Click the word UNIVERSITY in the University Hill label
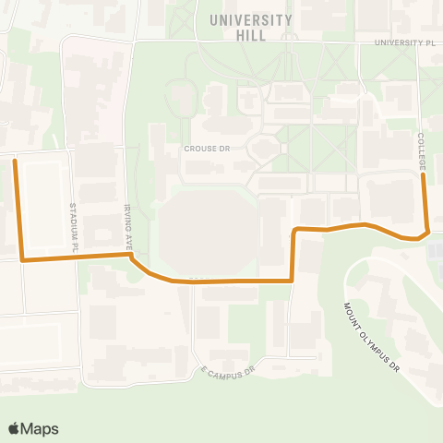(x=250, y=20)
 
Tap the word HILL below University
(x=250, y=35)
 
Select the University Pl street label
(x=403, y=42)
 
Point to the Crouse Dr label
(x=207, y=148)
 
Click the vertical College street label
(x=421, y=150)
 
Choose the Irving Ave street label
(x=128, y=221)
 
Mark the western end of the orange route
(x=14, y=161)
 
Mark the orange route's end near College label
(x=423, y=176)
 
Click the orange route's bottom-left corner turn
(x=22, y=260)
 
